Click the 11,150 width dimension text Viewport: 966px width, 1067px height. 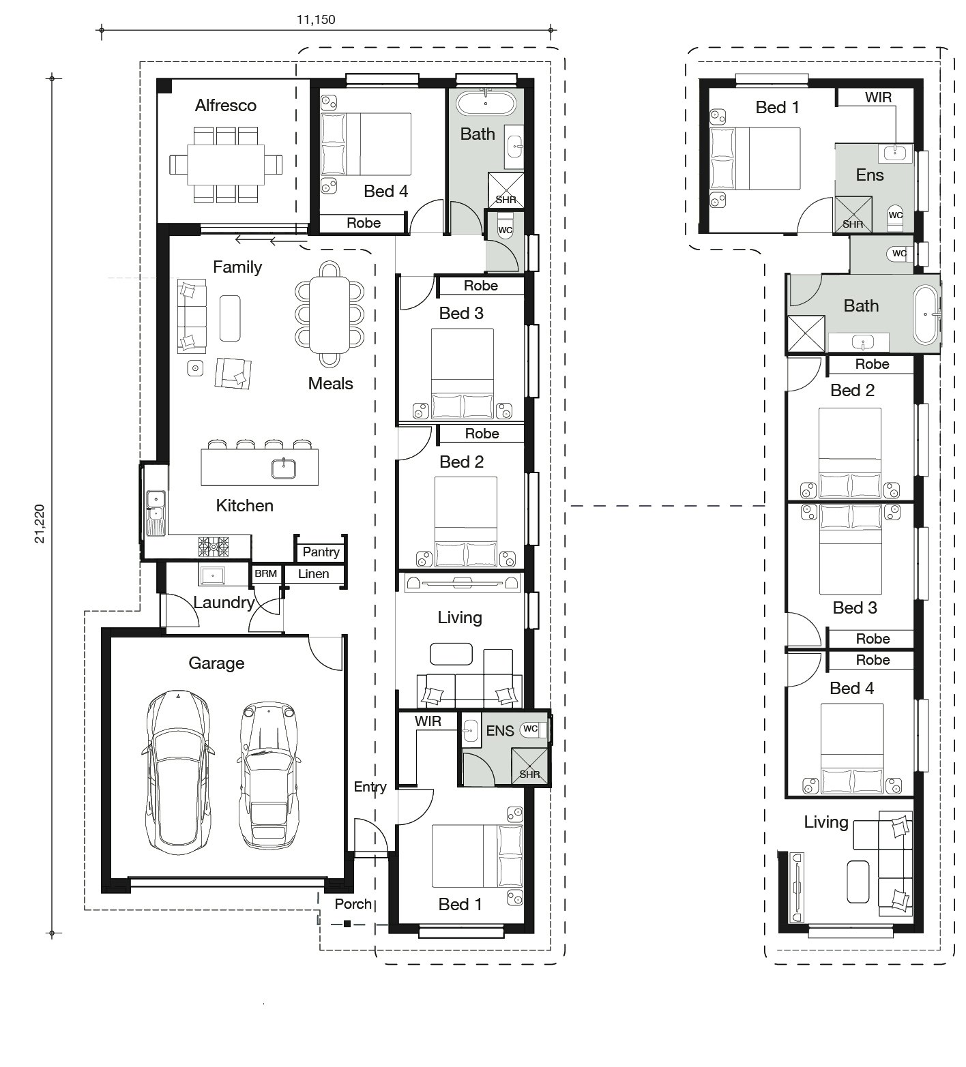315,19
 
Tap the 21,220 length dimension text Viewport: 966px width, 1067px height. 40,524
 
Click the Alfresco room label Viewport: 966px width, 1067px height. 226,105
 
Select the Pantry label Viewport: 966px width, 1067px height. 321,552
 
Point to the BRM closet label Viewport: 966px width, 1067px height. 265,573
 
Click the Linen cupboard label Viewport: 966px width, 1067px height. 314,574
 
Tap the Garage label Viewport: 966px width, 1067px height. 216,663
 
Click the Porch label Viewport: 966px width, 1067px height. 353,904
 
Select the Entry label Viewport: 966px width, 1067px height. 370,787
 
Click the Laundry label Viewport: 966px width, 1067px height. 224,603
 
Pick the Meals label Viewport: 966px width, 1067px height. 331,384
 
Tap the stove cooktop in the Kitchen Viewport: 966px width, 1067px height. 214,545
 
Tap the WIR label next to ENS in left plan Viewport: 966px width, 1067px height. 428,721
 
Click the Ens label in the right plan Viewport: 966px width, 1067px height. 870,175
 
